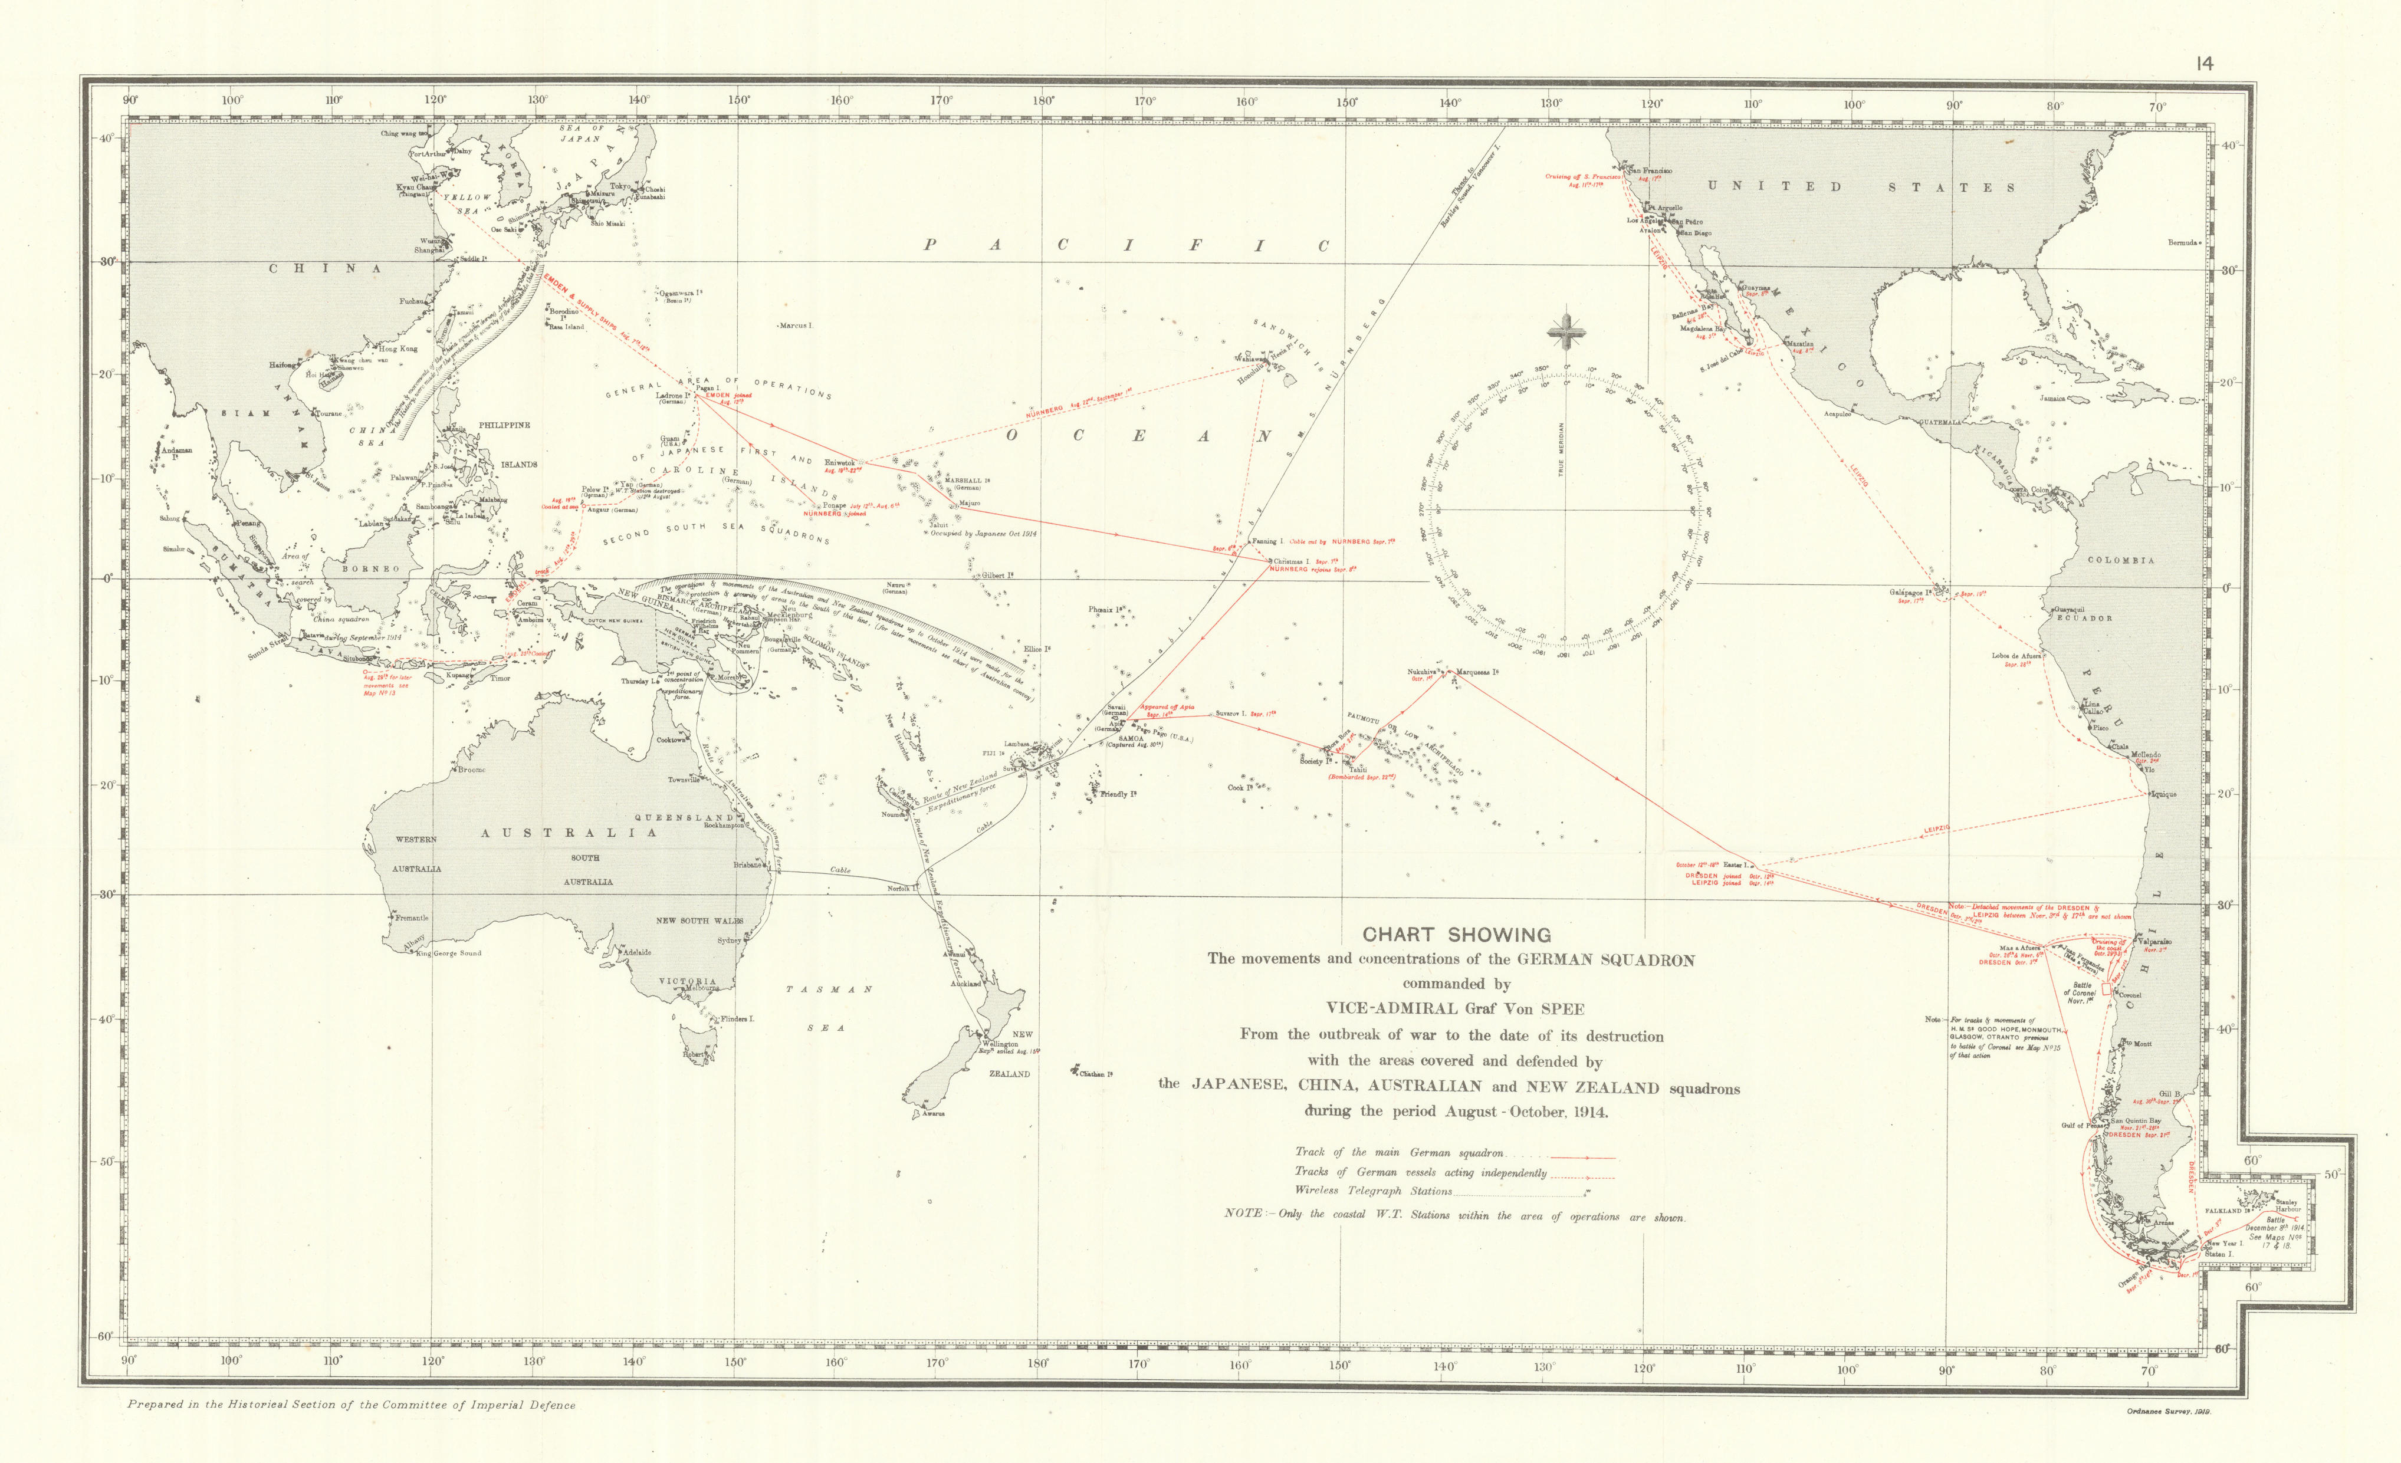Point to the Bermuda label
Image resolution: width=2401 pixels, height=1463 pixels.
tap(2182, 242)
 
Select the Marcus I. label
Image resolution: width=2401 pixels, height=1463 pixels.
tap(796, 326)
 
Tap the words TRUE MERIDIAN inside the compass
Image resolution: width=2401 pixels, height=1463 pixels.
tap(1561, 449)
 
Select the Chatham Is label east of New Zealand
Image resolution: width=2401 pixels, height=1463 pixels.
tap(1095, 1073)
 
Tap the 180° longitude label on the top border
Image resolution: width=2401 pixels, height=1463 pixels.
tap(1043, 100)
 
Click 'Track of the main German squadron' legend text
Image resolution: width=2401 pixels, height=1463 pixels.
tap(1398, 1152)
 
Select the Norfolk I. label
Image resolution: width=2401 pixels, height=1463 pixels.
tap(898, 888)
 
